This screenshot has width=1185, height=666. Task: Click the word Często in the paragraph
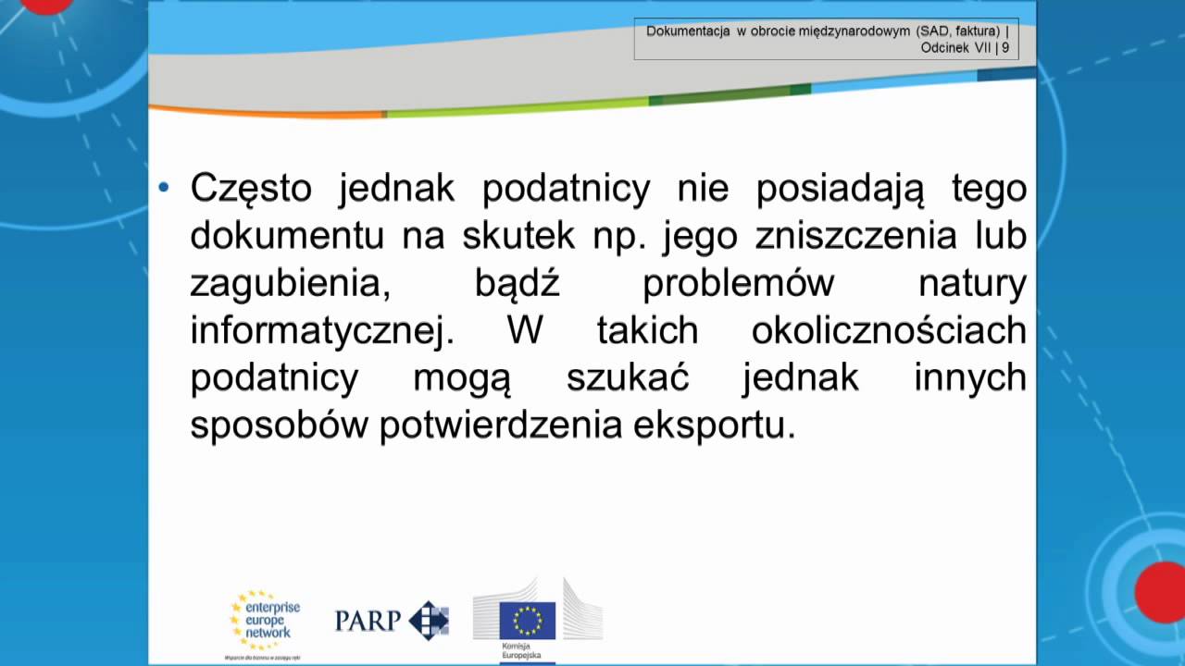pyautogui.click(x=250, y=190)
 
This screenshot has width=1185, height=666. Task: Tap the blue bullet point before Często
pyautogui.click(x=164, y=188)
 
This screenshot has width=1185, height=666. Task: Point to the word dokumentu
pyautogui.click(x=287, y=236)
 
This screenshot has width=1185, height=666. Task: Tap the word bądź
pyautogui.click(x=518, y=284)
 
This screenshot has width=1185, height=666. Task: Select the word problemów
pyautogui.click(x=739, y=284)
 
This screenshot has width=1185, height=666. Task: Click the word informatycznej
pyautogui.click(x=321, y=331)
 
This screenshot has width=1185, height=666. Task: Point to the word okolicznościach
pyautogui.click(x=889, y=331)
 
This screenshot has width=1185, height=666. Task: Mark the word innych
pyautogui.click(x=970, y=378)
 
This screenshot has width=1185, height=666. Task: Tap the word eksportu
pyautogui.click(x=715, y=426)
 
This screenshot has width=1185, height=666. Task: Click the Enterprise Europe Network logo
pyautogui.click(x=265, y=621)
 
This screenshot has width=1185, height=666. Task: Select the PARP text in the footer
pyautogui.click(x=367, y=620)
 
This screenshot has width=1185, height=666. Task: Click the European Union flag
pyautogui.click(x=527, y=620)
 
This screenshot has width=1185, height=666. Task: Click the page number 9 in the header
pyautogui.click(x=1005, y=49)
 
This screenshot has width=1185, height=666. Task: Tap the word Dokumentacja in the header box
pyautogui.click(x=688, y=31)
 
